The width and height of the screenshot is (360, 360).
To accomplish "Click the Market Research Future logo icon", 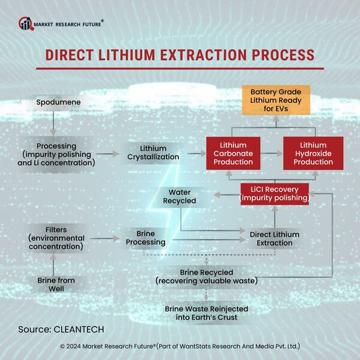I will click(x=25, y=23).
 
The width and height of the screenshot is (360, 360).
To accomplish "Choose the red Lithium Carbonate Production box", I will click(x=233, y=154).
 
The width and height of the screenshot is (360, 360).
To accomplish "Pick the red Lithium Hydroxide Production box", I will click(x=313, y=154).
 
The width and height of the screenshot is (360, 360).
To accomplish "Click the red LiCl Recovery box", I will click(x=275, y=194).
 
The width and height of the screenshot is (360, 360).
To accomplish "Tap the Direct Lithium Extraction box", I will click(x=271, y=238).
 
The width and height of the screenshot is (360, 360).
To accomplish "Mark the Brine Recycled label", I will click(x=206, y=276).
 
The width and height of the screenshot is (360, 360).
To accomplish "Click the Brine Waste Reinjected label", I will click(x=206, y=313).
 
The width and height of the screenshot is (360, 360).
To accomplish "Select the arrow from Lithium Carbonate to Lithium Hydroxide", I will click(x=273, y=154).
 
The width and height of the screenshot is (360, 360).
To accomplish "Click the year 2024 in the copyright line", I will click(x=77, y=347).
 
